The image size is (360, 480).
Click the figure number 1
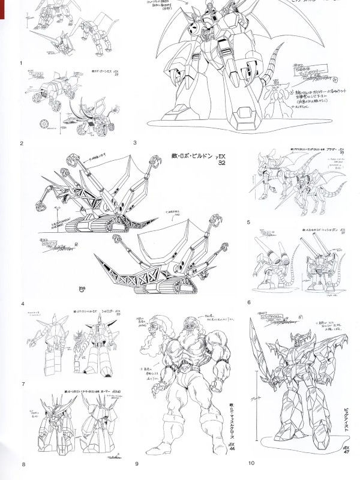pyautogui.click(x=21, y=62)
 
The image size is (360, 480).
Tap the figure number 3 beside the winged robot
pyautogui.click(x=135, y=143)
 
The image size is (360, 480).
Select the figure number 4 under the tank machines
pyautogui.click(x=22, y=304)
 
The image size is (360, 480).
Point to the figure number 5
pyautogui.click(x=248, y=222)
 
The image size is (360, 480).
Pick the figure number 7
pyautogui.click(x=22, y=383)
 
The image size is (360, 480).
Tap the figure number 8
pyautogui.click(x=23, y=464)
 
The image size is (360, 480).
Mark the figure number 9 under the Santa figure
pyautogui.click(x=137, y=463)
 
